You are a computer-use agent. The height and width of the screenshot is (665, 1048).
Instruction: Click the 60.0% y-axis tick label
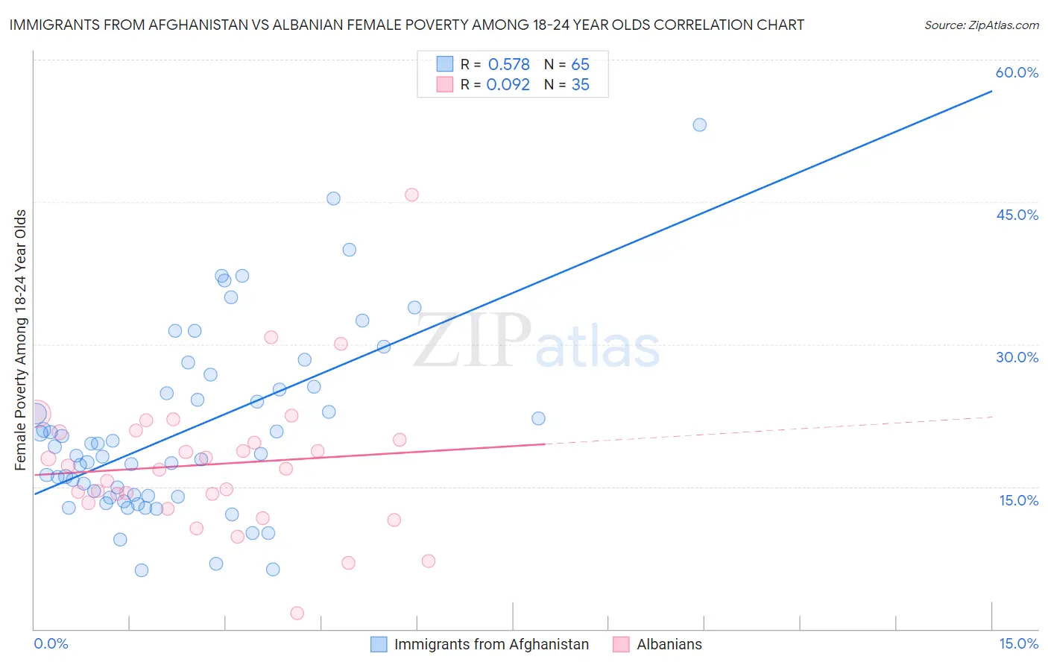tap(1017, 72)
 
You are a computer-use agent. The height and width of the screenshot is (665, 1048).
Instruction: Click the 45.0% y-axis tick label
tap(1017, 215)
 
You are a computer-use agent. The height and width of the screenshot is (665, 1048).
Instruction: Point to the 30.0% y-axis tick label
tap(1017, 357)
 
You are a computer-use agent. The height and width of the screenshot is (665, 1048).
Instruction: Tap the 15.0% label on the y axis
tap(1018, 500)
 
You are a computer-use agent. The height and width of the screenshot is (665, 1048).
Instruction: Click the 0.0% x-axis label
tap(51, 643)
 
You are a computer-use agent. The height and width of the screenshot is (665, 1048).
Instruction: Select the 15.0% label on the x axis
tap(1018, 643)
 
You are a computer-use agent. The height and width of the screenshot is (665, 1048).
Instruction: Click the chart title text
tap(406, 25)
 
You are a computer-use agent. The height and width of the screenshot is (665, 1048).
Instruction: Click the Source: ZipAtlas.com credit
tap(981, 25)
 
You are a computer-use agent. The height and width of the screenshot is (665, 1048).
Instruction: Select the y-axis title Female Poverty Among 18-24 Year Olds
tap(20, 340)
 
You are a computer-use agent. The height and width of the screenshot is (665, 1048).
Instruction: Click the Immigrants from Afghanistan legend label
tap(491, 644)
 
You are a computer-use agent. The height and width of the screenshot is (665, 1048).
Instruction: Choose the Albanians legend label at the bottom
tap(669, 644)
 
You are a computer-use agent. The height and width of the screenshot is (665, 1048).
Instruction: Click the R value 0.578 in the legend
tap(508, 65)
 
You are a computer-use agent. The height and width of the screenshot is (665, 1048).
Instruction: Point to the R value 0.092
tap(508, 85)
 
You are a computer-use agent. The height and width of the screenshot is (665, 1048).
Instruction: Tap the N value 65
tap(580, 65)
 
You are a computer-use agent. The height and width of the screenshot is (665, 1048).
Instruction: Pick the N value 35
tap(580, 85)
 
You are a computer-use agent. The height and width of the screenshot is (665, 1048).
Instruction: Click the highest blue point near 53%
tap(699, 125)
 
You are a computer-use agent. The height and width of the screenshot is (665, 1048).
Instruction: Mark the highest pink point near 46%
tap(411, 195)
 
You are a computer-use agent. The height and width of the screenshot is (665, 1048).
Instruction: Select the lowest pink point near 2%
tap(297, 613)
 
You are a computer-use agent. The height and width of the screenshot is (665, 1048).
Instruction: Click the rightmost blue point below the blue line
tap(538, 418)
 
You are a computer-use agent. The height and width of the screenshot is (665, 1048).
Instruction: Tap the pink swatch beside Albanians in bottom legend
tap(621, 644)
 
